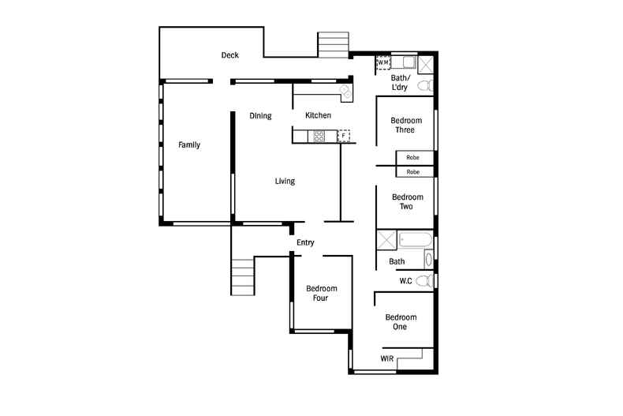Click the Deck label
pos(230,55)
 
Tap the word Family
pos(189,144)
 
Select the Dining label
pos(261,116)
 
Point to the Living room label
pos(285,181)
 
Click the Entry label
pos(305,242)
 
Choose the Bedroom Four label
pos(322,293)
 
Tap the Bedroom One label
pos(401,322)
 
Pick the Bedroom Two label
pos(407,201)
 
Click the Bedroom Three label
pos(406,125)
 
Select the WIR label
pos(387,358)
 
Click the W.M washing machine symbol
pos(383,62)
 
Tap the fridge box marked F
pos(344,136)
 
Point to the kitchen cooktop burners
pos(319,137)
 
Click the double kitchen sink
pos(346,92)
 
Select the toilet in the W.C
pos(424,281)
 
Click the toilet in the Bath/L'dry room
pos(426,85)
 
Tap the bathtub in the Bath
pos(415,240)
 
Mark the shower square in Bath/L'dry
pos(426,65)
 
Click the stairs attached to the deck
pos(333,45)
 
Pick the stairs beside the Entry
pos(243,277)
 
